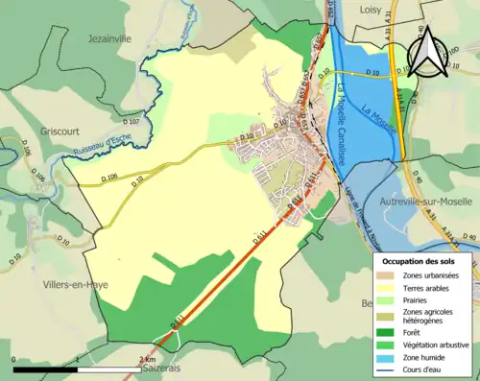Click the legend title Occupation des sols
pos(419,261)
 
